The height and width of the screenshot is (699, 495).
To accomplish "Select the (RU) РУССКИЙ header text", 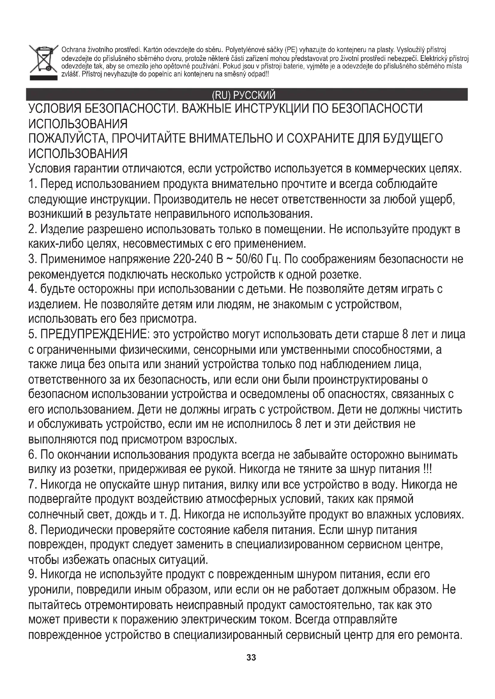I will click(x=244, y=95).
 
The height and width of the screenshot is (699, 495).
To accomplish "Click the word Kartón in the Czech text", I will click(x=153, y=50).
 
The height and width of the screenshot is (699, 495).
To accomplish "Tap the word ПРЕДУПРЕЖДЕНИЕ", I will click(x=94, y=335).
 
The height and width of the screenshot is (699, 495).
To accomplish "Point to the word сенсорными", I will click(x=225, y=350).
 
